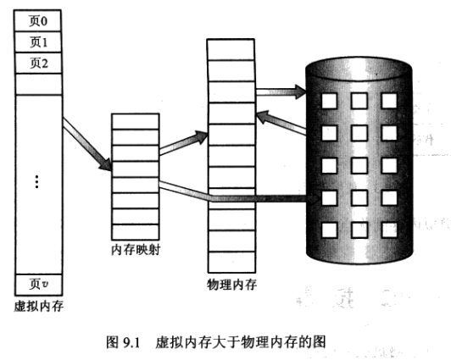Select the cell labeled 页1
39,42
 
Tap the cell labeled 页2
39,63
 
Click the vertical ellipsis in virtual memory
38,183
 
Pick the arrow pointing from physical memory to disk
281,89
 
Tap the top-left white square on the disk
329,100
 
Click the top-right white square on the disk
389,100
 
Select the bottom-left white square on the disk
329,229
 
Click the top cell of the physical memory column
229,47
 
